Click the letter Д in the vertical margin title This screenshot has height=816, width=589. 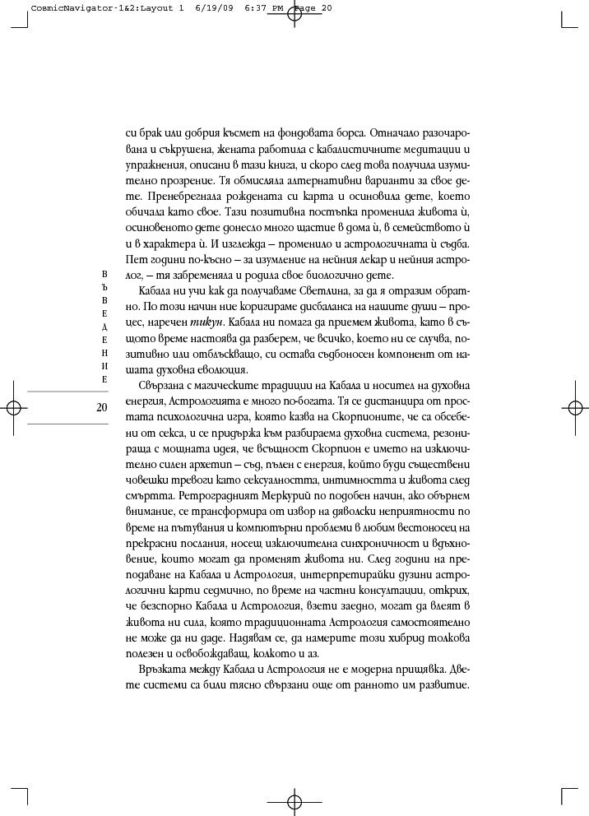point(104,337)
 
